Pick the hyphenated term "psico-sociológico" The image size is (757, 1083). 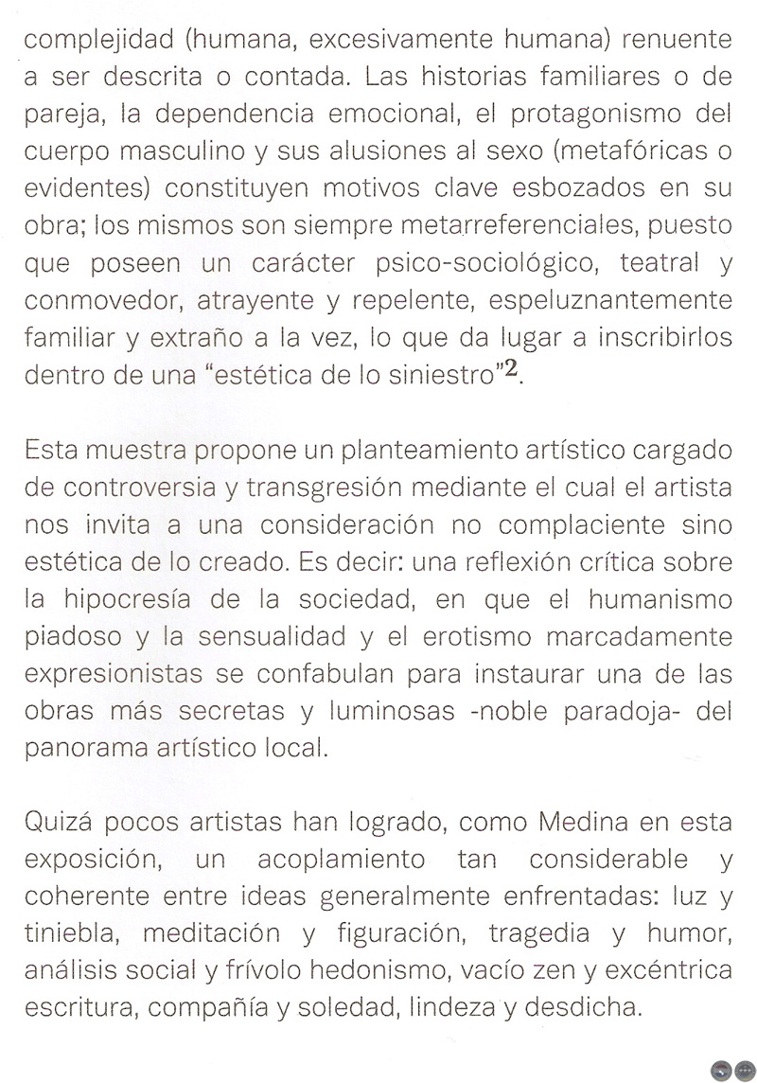point(471,265)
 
